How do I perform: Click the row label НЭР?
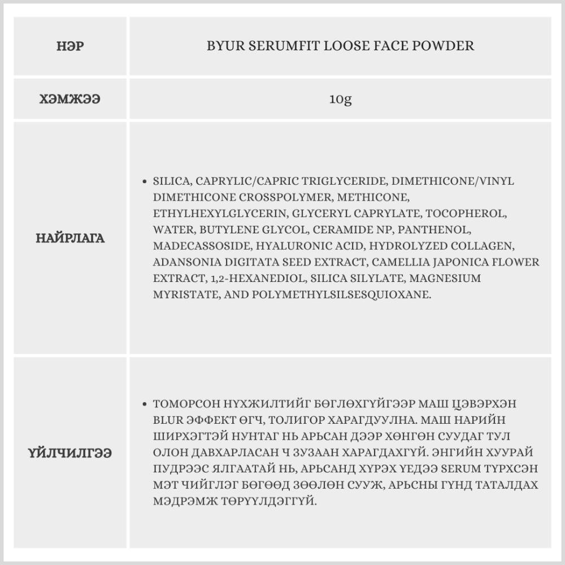(x=70, y=46)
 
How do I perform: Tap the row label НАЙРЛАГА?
(x=70, y=238)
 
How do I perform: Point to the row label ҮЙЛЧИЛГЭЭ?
(x=70, y=453)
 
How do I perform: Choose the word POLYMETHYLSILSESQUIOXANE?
(x=341, y=295)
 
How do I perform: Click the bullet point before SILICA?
(x=145, y=182)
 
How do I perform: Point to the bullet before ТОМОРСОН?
(x=145, y=405)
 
